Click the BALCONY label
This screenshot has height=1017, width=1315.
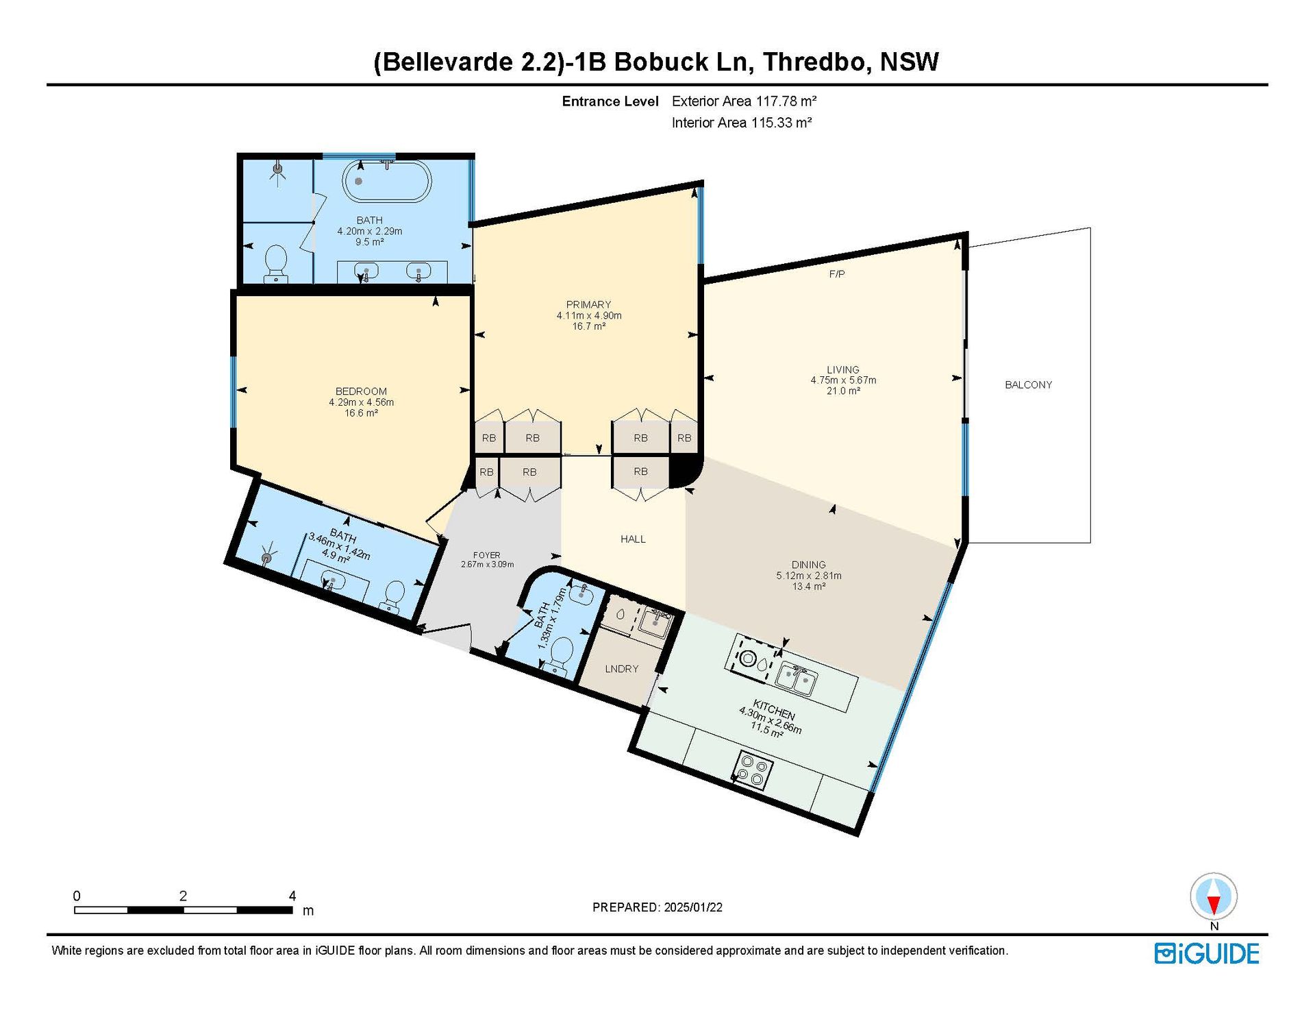pos(1028,385)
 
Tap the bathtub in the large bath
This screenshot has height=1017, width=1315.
pos(387,181)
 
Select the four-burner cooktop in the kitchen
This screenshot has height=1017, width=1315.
pos(754,770)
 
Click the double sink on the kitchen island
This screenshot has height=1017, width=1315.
pos(797,678)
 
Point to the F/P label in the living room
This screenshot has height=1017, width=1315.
pos(837,274)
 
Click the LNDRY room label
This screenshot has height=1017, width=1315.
pos(622,669)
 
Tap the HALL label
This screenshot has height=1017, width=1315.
pos(633,539)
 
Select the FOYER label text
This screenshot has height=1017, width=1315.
pos(487,555)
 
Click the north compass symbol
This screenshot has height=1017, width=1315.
pos(1214,897)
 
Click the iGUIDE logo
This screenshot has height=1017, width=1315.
pos(1207,954)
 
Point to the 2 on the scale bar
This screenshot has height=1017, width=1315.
pos(183,896)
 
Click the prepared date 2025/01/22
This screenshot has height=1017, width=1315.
pos(693,907)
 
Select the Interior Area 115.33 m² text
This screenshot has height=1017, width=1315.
pos(742,123)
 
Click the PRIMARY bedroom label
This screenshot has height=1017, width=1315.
pos(588,304)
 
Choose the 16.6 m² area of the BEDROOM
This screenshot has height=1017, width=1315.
pos(361,413)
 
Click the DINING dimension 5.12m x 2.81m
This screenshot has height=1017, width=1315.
pos(809,576)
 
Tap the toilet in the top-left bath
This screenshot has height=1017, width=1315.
pos(276,264)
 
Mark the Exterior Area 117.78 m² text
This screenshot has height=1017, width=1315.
pos(744,101)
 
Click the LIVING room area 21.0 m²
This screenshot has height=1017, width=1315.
pos(843,391)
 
